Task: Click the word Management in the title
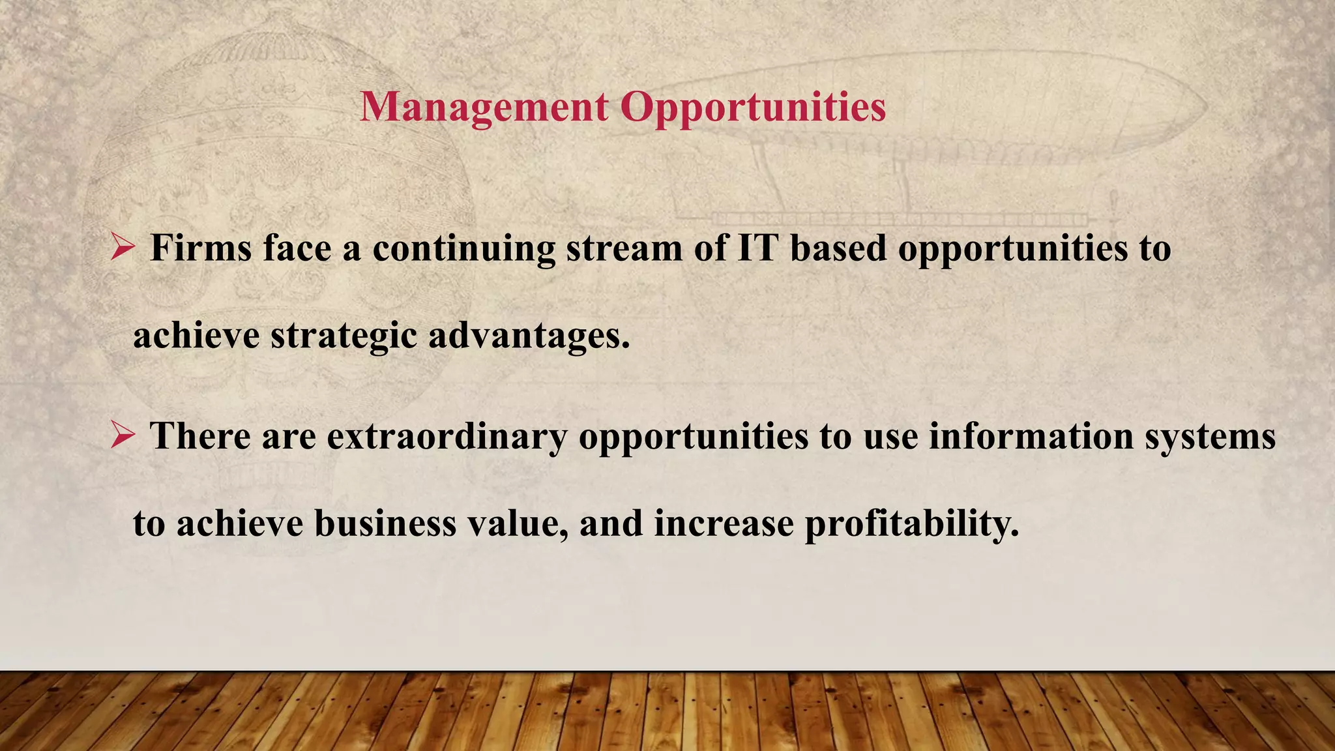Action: tap(484, 106)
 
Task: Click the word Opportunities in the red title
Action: tap(753, 106)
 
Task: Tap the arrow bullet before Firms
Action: tap(123, 248)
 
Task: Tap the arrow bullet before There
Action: tap(123, 435)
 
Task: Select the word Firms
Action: tap(201, 248)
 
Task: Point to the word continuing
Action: tap(463, 250)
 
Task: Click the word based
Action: tap(838, 248)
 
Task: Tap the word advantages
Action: tap(529, 336)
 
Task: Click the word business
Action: tap(385, 523)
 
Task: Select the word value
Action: tap(517, 523)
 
